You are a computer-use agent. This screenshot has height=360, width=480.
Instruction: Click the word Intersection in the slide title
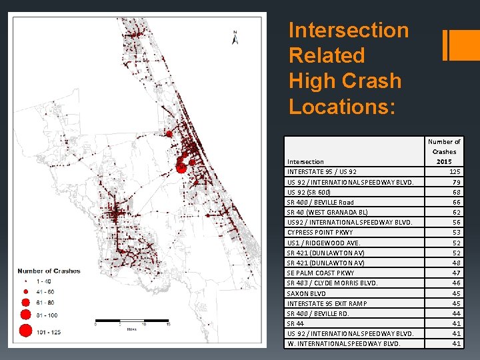348,30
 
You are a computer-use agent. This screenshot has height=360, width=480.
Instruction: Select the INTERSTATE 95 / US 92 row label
321,172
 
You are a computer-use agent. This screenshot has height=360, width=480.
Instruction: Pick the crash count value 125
455,172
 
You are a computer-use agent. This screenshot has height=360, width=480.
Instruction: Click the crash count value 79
457,182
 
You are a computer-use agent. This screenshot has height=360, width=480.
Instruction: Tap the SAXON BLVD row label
306,293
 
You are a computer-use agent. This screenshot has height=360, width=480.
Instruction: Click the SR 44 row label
295,323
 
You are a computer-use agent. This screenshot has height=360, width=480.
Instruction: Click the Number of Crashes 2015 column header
444,151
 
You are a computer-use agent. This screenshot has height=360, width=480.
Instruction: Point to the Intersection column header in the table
305,161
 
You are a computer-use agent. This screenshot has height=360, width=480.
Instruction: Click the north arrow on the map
235,37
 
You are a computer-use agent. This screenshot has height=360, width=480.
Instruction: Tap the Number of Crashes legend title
49,271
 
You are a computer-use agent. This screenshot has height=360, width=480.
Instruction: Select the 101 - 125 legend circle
25,329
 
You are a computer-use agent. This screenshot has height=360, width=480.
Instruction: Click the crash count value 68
457,192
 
